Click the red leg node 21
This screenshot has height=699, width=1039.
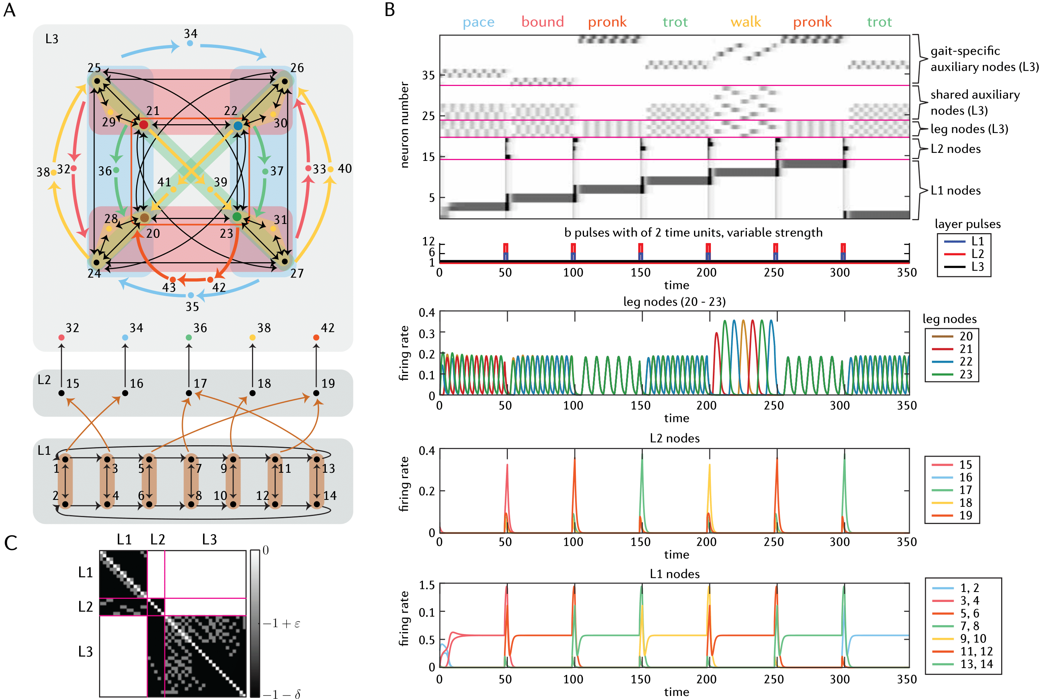pyautogui.click(x=143, y=125)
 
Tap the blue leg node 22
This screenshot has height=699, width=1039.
pyautogui.click(x=238, y=126)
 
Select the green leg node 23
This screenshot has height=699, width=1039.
pyautogui.click(x=237, y=217)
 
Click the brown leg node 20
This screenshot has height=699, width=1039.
pyautogui.click(x=144, y=218)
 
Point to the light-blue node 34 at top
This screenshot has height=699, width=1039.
pyautogui.click(x=190, y=43)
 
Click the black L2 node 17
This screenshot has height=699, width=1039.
pyautogui.click(x=189, y=393)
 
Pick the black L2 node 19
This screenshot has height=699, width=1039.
pyautogui.click(x=316, y=393)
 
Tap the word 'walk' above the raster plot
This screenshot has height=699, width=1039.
pyautogui.click(x=746, y=22)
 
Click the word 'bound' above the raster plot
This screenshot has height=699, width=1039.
pyautogui.click(x=543, y=22)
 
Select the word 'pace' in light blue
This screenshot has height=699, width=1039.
pyautogui.click(x=478, y=22)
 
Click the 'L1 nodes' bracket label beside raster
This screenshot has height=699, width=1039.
pyautogui.click(x=956, y=191)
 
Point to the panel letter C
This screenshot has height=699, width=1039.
pyautogui.click(x=11, y=543)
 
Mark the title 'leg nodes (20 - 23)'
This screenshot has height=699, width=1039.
pyautogui.click(x=674, y=302)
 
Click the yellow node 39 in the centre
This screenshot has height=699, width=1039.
pyautogui.click(x=210, y=190)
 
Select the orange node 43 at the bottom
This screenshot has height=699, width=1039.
pyautogui.click(x=173, y=279)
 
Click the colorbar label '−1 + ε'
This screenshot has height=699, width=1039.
pyautogui.click(x=281, y=623)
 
